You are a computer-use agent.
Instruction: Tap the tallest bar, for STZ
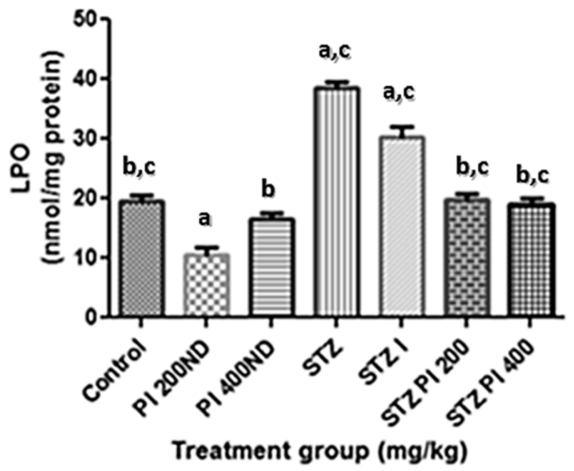coord(336,201)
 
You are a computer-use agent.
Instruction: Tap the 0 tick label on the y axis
coord(92,317)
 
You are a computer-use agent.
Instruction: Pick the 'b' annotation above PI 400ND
coord(268,190)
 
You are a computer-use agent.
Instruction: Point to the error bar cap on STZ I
coord(401,127)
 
